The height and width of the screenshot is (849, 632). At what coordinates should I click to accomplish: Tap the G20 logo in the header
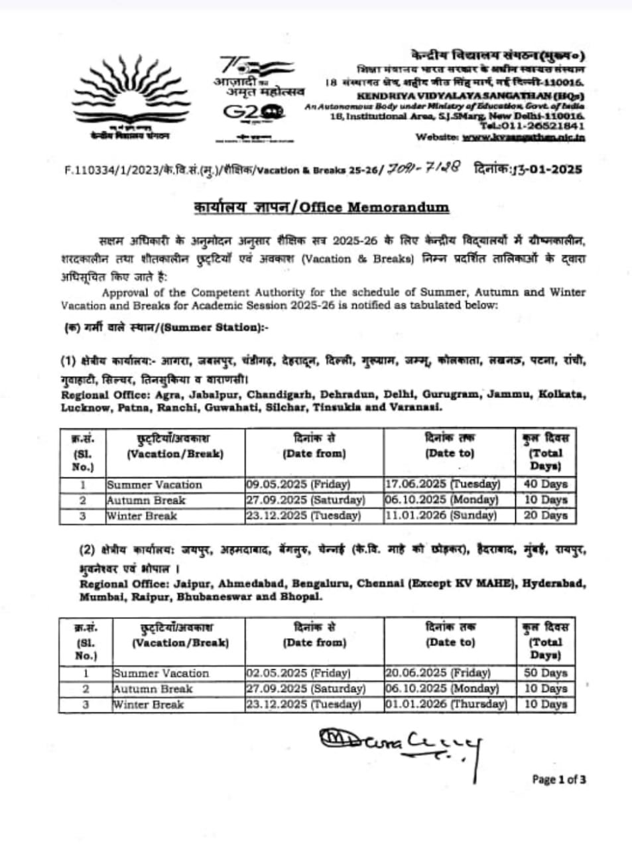pyautogui.click(x=254, y=113)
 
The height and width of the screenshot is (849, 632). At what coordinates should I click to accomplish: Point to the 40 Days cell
pyautogui.click(x=545, y=484)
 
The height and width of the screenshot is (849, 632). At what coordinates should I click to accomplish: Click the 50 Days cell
pyautogui.click(x=545, y=673)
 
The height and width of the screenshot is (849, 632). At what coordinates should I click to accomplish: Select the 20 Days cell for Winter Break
pyautogui.click(x=545, y=515)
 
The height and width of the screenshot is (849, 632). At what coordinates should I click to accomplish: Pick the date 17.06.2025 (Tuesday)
pyautogui.click(x=442, y=484)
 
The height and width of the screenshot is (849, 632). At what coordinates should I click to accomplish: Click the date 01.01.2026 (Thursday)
pyautogui.click(x=446, y=704)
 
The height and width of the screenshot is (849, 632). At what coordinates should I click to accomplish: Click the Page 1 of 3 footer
pyautogui.click(x=558, y=779)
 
